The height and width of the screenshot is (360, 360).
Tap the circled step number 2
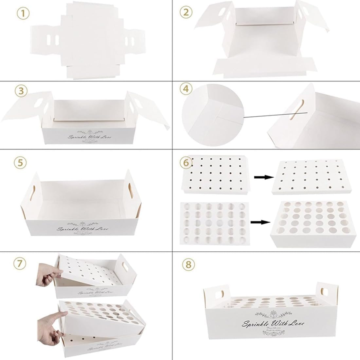click(x=186, y=13)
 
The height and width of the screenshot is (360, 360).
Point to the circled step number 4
click(x=186, y=89)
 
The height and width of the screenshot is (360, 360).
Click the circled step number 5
click(x=22, y=163)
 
